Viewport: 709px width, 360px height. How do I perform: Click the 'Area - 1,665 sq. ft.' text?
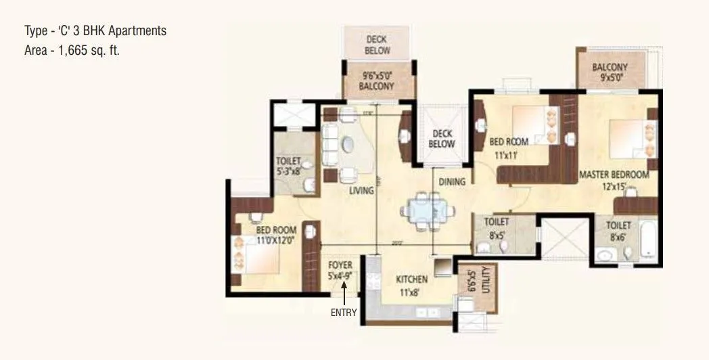[72, 50]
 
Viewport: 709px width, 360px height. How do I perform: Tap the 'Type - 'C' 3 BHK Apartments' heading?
[95, 31]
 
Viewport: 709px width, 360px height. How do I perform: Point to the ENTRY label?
[343, 313]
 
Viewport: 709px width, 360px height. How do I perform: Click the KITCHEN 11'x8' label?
[411, 284]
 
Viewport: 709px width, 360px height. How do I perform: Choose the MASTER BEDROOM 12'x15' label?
[614, 179]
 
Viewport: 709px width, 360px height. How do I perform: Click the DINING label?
[452, 181]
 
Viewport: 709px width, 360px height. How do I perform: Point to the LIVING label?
[362, 191]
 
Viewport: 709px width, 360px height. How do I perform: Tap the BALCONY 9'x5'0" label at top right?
[610, 72]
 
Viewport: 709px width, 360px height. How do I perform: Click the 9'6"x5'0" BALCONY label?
[377, 82]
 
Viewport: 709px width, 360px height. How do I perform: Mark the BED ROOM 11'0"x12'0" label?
[276, 234]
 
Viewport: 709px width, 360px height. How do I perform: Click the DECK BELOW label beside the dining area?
[442, 139]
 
